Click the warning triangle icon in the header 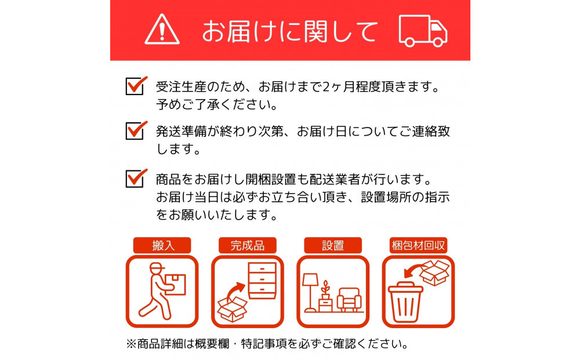(x=162, y=30)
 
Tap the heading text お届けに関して (x=289, y=31)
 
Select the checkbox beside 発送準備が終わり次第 (x=135, y=130)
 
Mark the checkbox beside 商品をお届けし (x=135, y=178)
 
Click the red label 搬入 (x=162, y=245)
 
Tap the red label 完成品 (x=248, y=245)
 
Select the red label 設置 (x=332, y=245)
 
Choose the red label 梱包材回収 (x=418, y=245)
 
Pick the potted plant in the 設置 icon (x=327, y=296)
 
